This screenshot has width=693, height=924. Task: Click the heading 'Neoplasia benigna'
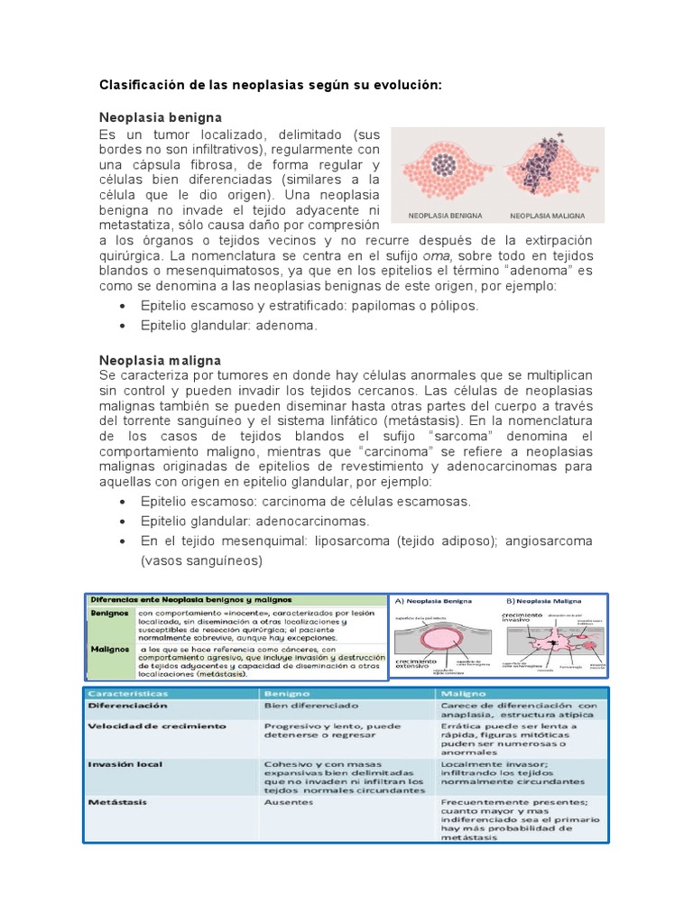[x=161, y=118]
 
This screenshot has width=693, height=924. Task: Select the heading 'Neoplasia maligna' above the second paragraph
[x=160, y=360]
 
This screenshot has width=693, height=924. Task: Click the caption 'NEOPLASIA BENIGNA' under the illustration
[x=446, y=217]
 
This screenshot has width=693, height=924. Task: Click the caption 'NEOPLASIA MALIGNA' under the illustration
[x=548, y=217]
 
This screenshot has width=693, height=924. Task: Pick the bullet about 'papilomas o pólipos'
[x=310, y=305]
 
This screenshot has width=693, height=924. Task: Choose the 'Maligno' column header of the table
[x=461, y=693]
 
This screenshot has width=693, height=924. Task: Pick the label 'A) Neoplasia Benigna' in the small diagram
[x=438, y=600]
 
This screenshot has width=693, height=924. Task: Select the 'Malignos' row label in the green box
[x=109, y=649]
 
